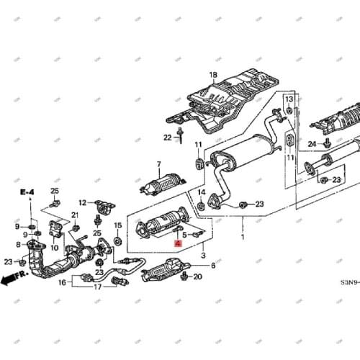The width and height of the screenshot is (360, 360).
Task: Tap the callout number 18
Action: tap(212, 75)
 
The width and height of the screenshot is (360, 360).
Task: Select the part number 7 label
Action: tap(158, 164)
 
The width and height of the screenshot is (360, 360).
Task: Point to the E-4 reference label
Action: tap(27, 192)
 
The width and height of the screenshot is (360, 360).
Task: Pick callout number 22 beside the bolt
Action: tap(167, 137)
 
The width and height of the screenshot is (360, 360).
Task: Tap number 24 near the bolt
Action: tap(312, 144)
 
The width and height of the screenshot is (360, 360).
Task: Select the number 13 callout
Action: tap(288, 99)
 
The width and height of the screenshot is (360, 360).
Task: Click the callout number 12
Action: tap(82, 203)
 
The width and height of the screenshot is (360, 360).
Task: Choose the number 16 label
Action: tap(63, 284)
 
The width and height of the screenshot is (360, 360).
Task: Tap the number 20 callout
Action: tap(198, 276)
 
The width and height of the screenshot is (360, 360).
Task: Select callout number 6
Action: tap(212, 265)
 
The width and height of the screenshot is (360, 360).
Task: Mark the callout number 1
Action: tap(243, 237)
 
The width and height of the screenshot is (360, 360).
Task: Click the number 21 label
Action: tap(74, 215)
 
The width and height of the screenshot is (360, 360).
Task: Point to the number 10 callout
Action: tap(54, 247)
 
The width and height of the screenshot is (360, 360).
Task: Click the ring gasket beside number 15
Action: tap(117, 238)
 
